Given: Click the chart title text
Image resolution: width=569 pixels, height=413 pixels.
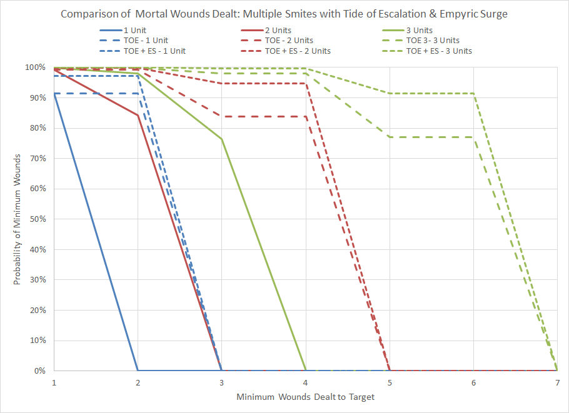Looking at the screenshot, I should pyautogui.click(x=284, y=13).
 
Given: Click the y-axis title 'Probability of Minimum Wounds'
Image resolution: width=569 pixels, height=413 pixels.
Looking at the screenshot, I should pyautogui.click(x=18, y=219).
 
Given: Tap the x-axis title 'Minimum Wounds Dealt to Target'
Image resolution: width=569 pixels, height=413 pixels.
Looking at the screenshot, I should pyautogui.click(x=305, y=397).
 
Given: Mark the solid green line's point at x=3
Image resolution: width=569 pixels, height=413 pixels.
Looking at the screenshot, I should pyautogui.click(x=221, y=139).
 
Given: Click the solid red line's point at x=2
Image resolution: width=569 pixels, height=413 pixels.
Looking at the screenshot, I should pyautogui.click(x=138, y=116).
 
